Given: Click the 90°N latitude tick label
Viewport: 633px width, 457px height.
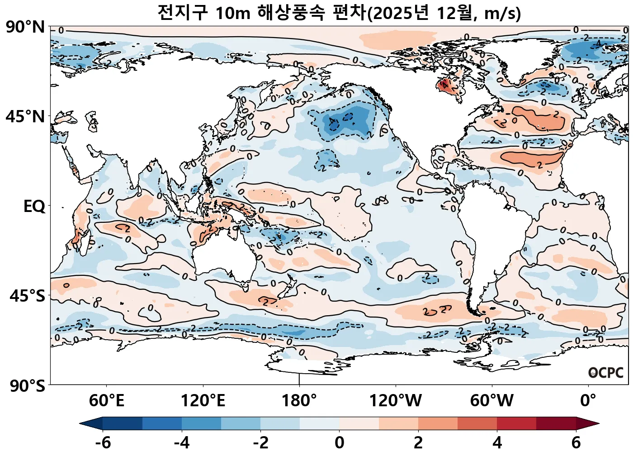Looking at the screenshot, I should [x=25, y=27].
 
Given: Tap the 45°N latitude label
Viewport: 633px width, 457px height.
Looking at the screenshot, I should [x=25, y=117].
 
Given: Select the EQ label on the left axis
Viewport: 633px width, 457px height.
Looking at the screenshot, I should [x=34, y=207].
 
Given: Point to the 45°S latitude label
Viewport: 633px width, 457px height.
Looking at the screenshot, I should [x=27, y=296].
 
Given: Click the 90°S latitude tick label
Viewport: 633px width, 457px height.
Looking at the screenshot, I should [x=27, y=386].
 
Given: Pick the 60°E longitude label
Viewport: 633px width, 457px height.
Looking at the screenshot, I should [x=106, y=401].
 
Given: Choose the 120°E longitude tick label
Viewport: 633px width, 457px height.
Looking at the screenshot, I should [x=203, y=401].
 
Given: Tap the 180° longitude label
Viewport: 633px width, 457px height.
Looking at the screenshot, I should [x=299, y=401].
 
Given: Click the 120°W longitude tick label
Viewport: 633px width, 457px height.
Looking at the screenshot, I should [x=396, y=401].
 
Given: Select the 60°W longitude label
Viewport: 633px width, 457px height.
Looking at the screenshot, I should [x=492, y=401].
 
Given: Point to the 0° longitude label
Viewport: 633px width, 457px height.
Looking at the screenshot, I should [x=588, y=401].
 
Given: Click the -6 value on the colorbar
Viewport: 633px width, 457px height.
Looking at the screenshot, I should [x=103, y=443].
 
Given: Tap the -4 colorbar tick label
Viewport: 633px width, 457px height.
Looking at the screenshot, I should [x=182, y=443].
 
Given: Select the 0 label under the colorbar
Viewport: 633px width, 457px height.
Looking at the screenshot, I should [x=340, y=443].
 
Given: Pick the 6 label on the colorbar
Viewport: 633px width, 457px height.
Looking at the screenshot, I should [x=576, y=443].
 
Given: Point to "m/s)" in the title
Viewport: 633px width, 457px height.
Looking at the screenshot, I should [x=502, y=14].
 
